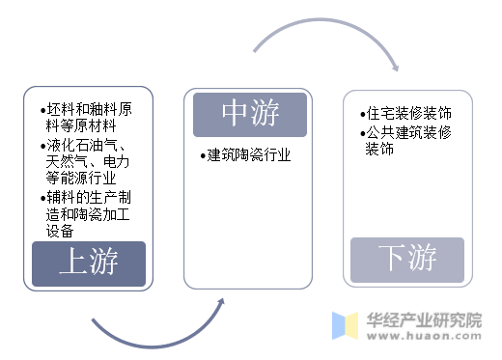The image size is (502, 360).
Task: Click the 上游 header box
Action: [x=88, y=263]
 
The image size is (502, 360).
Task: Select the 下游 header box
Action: [x=407, y=259]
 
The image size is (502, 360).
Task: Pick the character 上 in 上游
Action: [x=71, y=263]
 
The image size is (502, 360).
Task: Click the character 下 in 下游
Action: [x=390, y=259]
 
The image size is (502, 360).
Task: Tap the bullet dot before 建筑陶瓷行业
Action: [x=203, y=154]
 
